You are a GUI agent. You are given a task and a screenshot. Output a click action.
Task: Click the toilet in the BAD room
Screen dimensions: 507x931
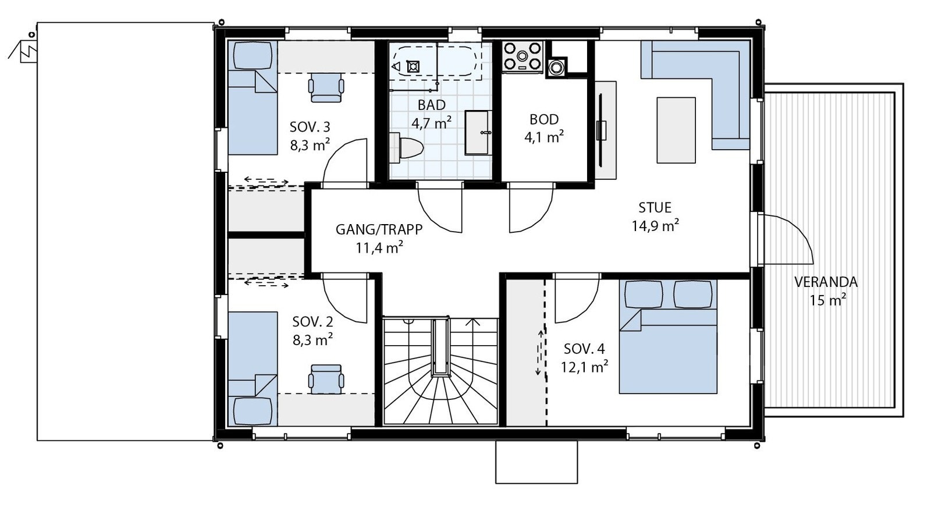pos(407,147)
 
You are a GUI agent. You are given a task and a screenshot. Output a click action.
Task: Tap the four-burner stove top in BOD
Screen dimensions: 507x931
pos(523,56)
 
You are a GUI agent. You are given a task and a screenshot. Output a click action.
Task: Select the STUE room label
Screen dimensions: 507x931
pos(655,207)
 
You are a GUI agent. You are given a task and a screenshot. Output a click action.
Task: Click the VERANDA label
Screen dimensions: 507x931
pos(826,282)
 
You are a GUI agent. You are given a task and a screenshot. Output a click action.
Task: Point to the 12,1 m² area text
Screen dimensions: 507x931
pos(584,367)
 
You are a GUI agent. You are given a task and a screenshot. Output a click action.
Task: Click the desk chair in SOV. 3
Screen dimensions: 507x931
pos(326,87)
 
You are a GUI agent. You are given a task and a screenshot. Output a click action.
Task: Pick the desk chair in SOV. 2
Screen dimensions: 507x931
pos(326,378)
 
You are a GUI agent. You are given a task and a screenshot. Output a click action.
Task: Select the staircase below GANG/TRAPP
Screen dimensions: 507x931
pos(440,373)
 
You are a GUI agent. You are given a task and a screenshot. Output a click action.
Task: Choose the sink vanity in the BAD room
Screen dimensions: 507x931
pos(477,132)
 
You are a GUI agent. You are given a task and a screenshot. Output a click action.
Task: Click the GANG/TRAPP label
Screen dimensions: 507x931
pos(379,229)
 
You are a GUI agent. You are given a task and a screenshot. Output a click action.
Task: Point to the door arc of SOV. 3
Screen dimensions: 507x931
pos(343,160)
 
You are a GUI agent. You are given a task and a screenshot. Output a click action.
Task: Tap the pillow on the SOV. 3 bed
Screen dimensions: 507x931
pos(253,56)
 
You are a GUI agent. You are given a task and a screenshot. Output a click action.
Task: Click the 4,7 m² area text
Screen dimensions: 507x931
pos(431,123)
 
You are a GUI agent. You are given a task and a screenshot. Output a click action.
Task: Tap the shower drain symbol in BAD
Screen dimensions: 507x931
pos(413,66)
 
